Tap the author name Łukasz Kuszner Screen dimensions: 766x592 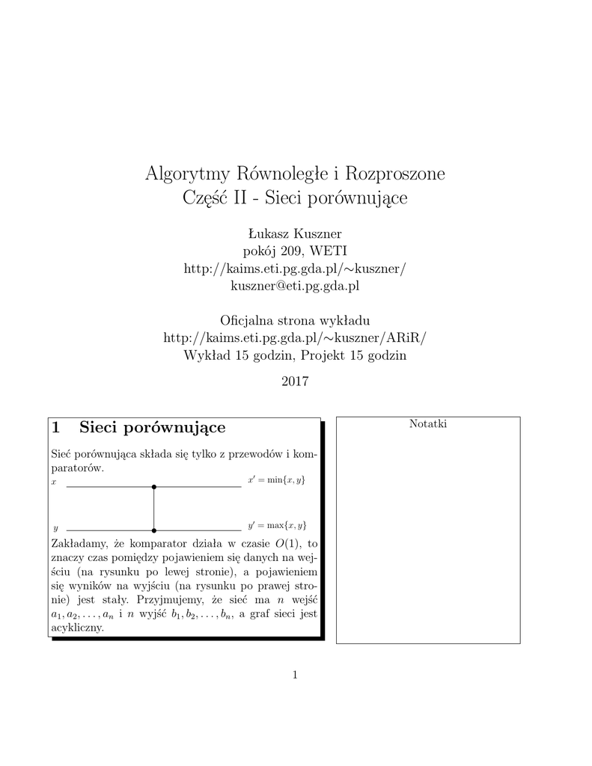tap(296, 233)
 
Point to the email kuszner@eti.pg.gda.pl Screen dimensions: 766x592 tap(296, 286)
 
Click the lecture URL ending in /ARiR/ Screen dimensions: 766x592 tap(296, 338)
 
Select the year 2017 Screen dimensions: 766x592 tap(296, 382)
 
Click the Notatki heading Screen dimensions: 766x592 tap(428, 424)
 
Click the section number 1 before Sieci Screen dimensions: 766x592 tap(56, 428)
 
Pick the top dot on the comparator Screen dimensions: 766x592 tap(154, 487)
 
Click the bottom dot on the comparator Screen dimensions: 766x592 tap(154, 530)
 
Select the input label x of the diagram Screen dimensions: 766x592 tap(53, 483)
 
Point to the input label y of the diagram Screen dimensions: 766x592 tap(55, 528)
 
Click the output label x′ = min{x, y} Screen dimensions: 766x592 tap(276, 479)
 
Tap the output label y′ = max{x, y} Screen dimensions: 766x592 tap(276, 525)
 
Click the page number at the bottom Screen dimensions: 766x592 tap(296, 675)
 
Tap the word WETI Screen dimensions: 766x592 tap(329, 251)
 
